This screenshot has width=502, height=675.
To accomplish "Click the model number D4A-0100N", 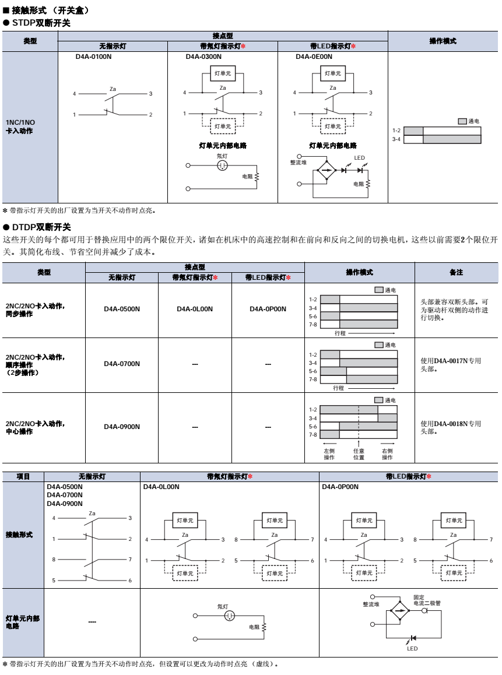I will pyautogui.click(x=93, y=57).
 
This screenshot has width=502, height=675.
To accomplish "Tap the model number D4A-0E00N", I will pyautogui.click(x=314, y=57).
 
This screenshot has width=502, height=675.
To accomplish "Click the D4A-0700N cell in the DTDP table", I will pyautogui.click(x=122, y=364).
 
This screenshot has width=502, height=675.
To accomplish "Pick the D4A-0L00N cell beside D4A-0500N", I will pyautogui.click(x=195, y=308).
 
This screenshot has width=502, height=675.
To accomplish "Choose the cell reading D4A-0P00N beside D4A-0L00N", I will pyautogui.click(x=268, y=308).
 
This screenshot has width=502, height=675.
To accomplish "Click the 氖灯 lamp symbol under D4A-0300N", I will pyautogui.click(x=223, y=166).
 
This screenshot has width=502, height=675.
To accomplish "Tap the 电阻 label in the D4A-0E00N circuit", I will pyautogui.click(x=358, y=184).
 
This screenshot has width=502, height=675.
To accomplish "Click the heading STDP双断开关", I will pyautogui.click(x=40, y=23).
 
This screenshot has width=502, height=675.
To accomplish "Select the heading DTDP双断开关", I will pyautogui.click(x=40, y=227).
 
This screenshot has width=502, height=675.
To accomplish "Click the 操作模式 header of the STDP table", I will pyautogui.click(x=443, y=41).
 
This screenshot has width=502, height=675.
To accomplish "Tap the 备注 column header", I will pyautogui.click(x=456, y=272).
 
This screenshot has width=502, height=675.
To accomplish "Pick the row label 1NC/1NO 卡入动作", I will pyautogui.click(x=21, y=126).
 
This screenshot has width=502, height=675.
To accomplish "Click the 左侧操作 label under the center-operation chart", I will pyautogui.click(x=329, y=454).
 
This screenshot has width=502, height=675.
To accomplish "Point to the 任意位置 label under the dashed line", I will pyautogui.click(x=359, y=454).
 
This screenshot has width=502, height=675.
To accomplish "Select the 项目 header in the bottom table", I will pyautogui.click(x=23, y=476).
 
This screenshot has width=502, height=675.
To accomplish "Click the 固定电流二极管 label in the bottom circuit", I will pyautogui.click(x=427, y=600).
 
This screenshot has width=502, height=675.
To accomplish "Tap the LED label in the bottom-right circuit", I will pyautogui.click(x=412, y=648).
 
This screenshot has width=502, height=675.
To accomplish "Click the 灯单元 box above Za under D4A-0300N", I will pyautogui.click(x=223, y=73).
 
